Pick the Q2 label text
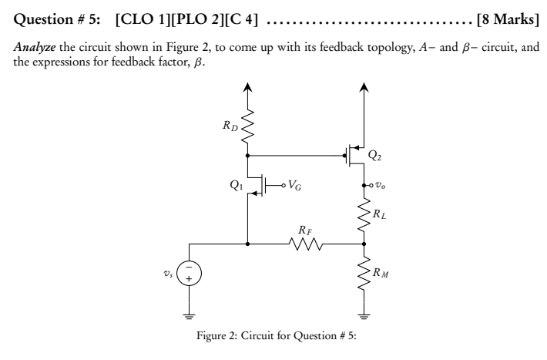374,155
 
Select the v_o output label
378,186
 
